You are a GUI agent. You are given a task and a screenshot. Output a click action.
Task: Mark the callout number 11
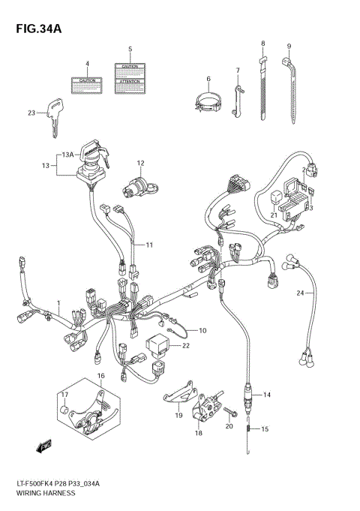(x=149, y=245)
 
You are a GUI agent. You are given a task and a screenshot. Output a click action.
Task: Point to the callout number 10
(x=201, y=330)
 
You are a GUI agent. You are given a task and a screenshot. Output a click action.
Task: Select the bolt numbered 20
(x=231, y=412)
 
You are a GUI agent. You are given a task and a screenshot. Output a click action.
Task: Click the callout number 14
(x=267, y=395)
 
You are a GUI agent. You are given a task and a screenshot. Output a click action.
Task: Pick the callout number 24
(x=299, y=292)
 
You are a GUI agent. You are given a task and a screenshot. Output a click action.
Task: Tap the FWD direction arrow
(x=34, y=447)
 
